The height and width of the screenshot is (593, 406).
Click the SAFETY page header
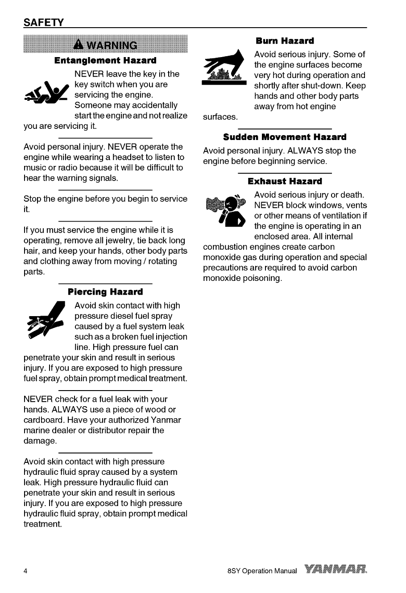[43, 22]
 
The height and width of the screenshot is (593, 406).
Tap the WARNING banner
[106, 45]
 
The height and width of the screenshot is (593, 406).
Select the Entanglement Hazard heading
[105, 60]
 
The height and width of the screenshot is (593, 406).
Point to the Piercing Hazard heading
[105, 292]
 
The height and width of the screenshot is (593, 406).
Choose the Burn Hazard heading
[285, 41]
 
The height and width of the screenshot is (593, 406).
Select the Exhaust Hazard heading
[285, 181]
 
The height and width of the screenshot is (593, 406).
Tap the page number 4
[25, 572]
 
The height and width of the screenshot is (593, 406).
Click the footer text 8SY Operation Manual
[261, 572]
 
